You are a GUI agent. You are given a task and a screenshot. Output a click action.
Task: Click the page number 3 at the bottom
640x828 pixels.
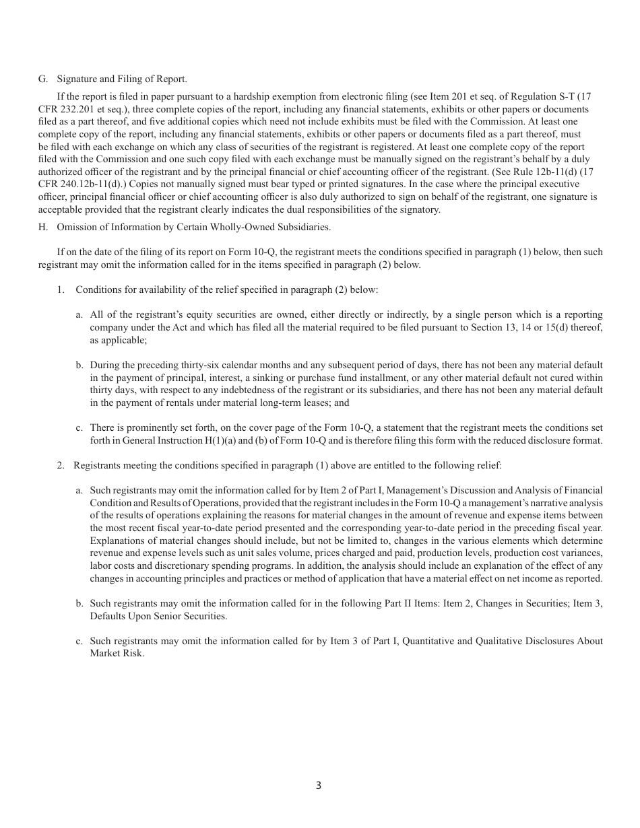coord(319,786)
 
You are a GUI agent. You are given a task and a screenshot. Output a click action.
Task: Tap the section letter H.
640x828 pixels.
coord(43,227)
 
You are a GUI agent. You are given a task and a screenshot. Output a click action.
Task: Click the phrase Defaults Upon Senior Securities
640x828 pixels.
coord(158,616)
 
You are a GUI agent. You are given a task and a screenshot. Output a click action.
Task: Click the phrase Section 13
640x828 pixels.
coord(502,327)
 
